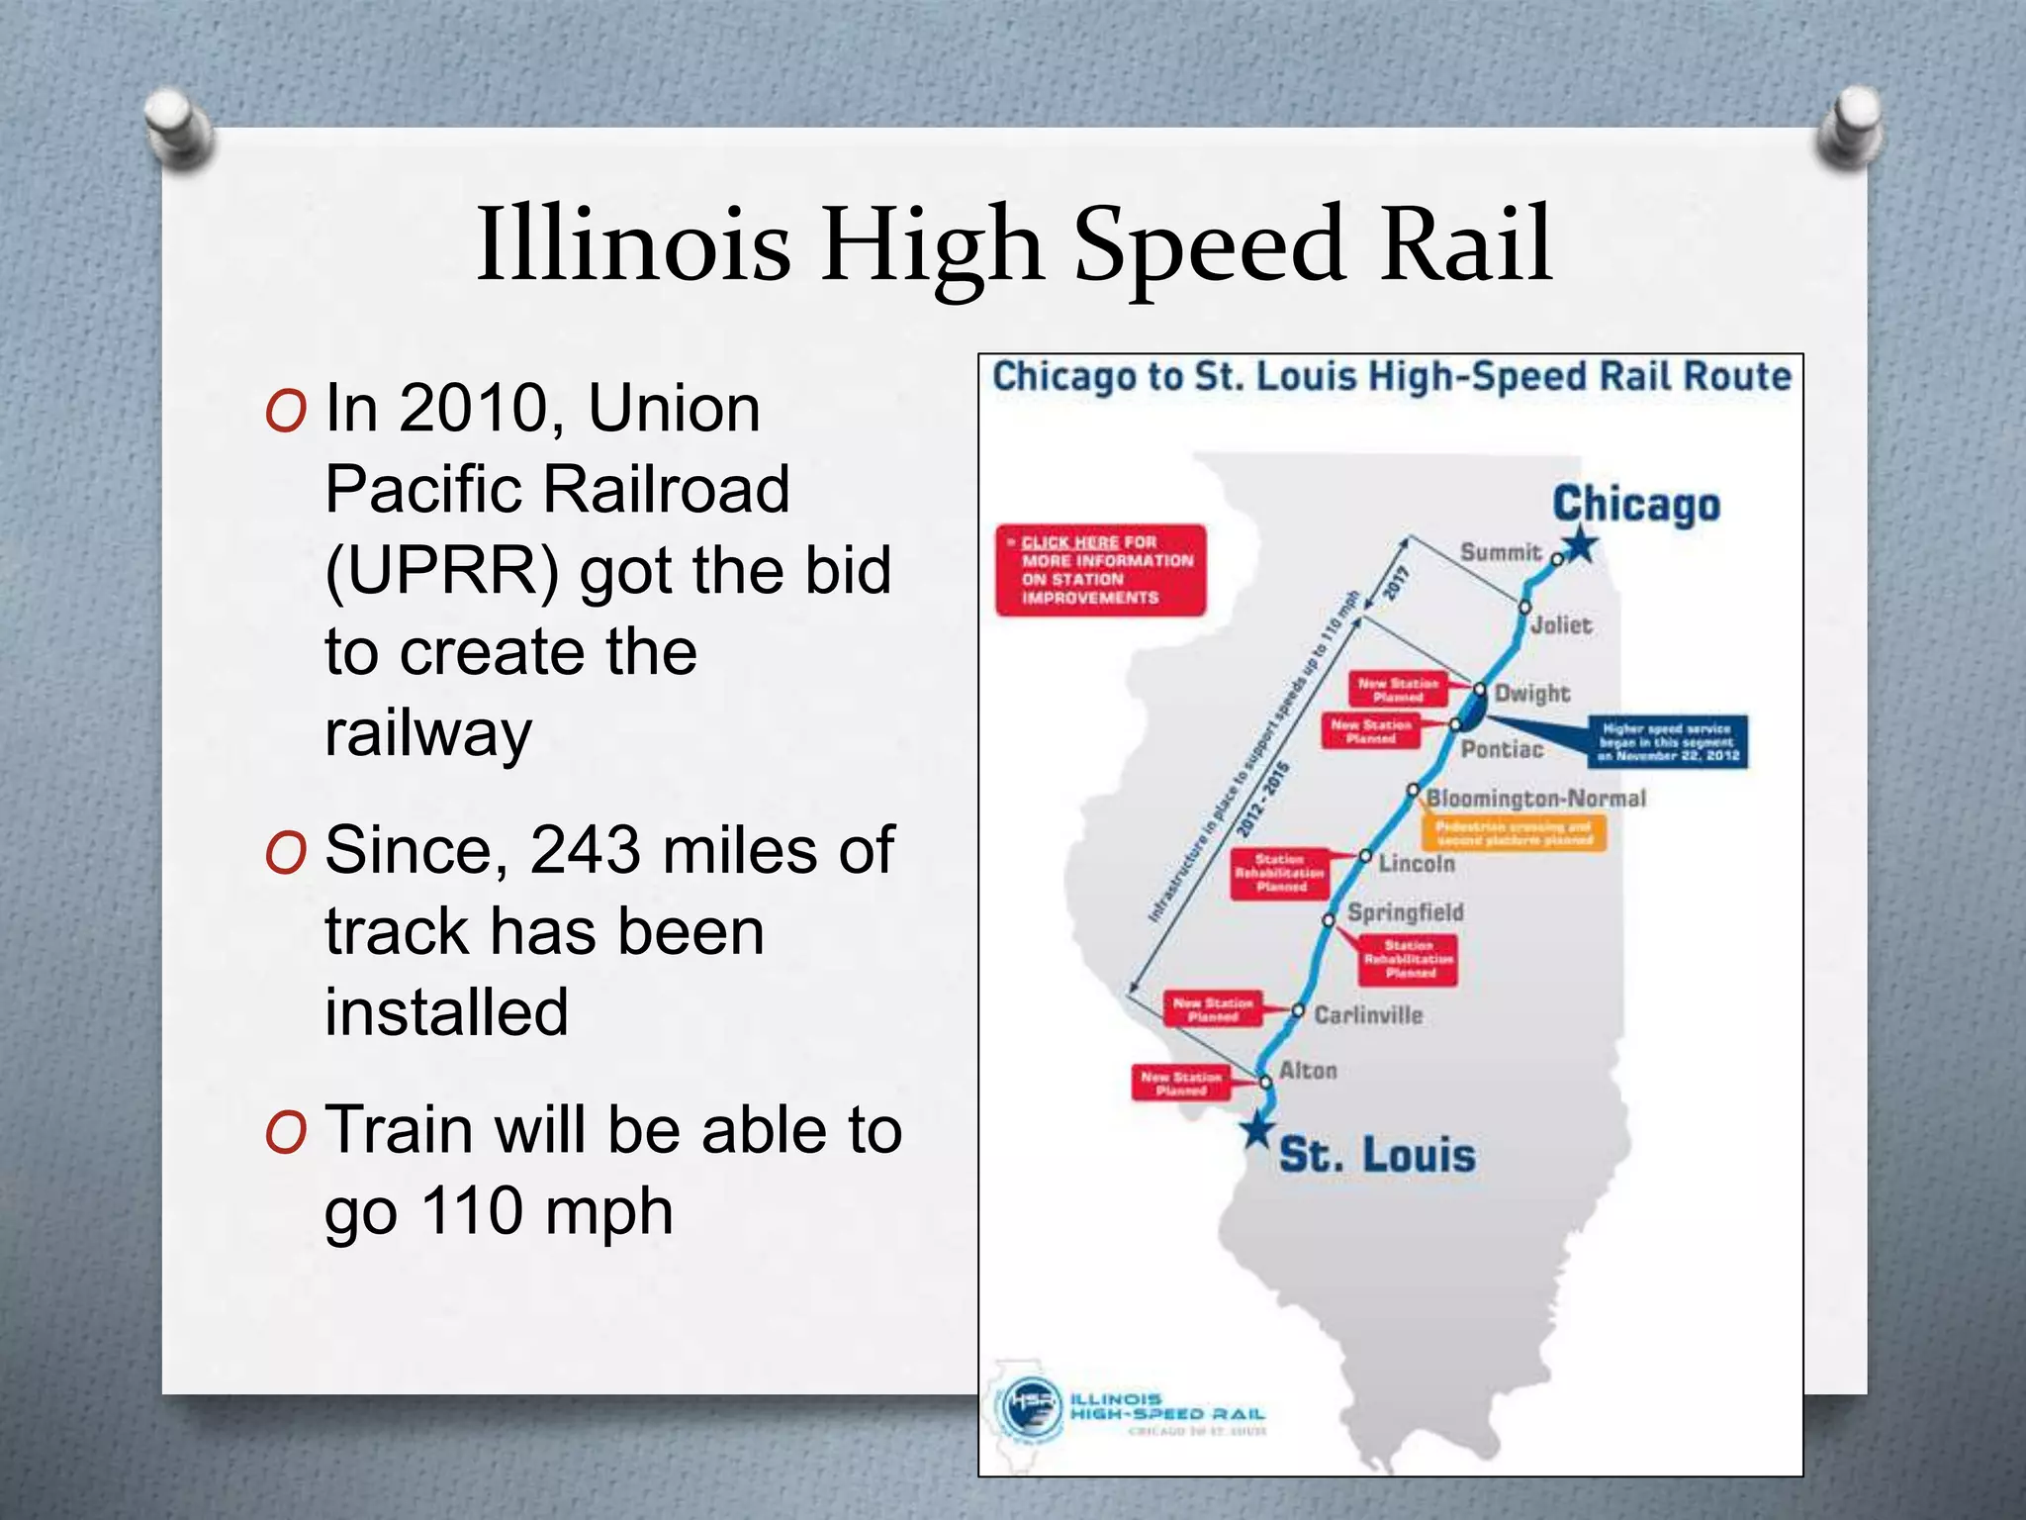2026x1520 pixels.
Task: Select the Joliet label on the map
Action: [1561, 625]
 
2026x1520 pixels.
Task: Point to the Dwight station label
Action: [1532, 693]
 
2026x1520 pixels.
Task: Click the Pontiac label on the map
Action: [1502, 749]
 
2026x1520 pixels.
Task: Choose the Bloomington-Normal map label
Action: [1536, 799]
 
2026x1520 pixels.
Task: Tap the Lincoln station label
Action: [1417, 864]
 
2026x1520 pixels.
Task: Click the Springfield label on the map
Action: [1406, 912]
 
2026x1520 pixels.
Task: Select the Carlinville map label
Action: [1368, 1015]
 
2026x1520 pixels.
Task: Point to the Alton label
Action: [1308, 1071]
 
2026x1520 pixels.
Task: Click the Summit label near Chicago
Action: [1501, 552]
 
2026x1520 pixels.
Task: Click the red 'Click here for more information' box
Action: [1100, 570]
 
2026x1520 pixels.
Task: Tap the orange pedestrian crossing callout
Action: [1514, 833]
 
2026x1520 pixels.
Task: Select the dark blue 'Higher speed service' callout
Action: [1667, 742]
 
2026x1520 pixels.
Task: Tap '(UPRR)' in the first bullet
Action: [442, 571]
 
